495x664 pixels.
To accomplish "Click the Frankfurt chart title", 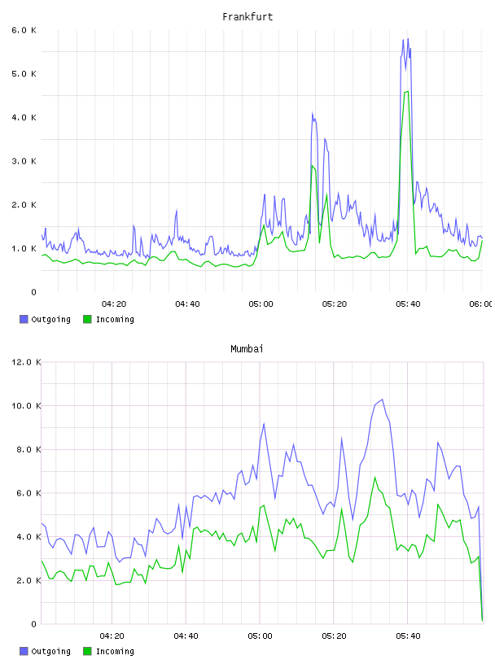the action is click(247, 17).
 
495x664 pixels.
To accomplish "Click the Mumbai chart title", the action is click(247, 349).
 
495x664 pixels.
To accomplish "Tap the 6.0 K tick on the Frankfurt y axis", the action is click(24, 30).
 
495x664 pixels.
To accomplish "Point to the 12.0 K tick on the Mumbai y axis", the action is click(26, 362).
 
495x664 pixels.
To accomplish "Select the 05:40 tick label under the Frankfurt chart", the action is click(408, 304).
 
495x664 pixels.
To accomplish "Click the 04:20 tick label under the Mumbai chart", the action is click(112, 636).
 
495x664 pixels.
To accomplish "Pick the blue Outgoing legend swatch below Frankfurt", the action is click(24, 319).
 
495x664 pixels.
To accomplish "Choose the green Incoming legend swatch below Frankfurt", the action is click(87, 319).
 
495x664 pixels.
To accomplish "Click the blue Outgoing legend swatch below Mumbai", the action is click(24, 651).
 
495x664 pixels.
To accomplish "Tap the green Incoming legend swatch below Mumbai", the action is click(87, 651).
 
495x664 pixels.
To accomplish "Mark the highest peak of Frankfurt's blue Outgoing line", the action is click(408, 38).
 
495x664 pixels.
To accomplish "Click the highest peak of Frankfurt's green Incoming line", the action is click(407, 91).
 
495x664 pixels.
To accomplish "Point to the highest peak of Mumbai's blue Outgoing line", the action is click(383, 400).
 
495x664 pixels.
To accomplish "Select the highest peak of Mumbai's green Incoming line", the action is click(375, 477).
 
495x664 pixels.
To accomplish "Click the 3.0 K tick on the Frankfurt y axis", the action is click(24, 161).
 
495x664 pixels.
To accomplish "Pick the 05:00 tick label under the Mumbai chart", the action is click(260, 636).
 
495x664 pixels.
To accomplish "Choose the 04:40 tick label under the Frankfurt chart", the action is click(187, 304).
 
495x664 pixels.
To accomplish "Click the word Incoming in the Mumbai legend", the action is click(115, 652).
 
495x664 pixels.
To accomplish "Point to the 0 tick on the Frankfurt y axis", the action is click(34, 292).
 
